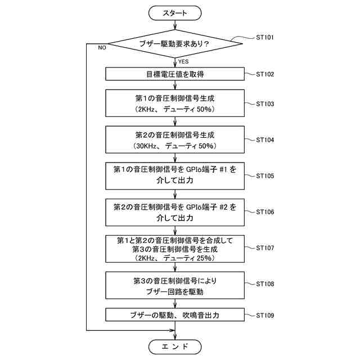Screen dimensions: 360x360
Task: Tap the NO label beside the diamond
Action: (x=102, y=48)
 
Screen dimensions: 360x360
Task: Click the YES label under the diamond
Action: (x=184, y=61)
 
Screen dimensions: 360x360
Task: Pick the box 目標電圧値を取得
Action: (x=175, y=74)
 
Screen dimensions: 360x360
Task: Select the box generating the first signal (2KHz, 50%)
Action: (x=175, y=103)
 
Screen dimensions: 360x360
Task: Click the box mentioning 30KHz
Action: (x=175, y=139)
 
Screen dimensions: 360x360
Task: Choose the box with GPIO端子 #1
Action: (x=175, y=175)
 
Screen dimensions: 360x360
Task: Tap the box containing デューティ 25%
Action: (x=175, y=247)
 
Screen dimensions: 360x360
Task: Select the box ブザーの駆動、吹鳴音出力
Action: (x=175, y=315)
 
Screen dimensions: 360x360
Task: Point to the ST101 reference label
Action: (x=265, y=38)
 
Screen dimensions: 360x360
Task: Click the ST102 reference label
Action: (x=265, y=74)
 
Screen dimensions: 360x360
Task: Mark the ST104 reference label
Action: (x=265, y=139)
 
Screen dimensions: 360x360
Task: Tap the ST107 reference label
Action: (x=265, y=247)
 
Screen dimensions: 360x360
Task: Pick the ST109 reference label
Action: (x=265, y=315)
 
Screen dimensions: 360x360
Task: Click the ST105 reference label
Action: (x=265, y=175)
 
